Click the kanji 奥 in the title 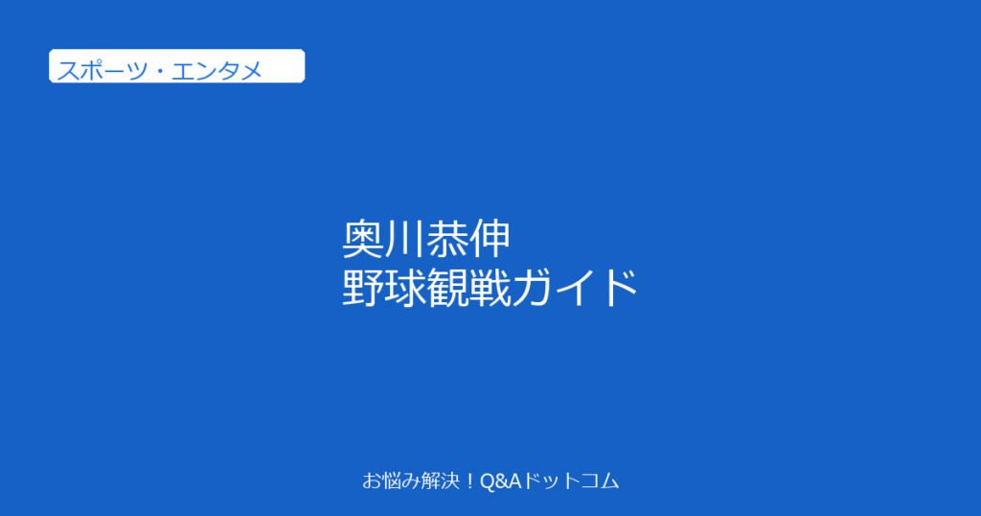[363, 240]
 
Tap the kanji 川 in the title [405, 240]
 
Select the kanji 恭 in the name [447, 240]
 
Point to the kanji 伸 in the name [490, 240]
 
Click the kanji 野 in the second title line [363, 288]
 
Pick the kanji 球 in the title [405, 288]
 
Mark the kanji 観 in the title [447, 288]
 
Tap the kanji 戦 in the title [490, 288]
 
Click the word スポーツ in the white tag [103, 71]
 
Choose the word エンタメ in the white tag [217, 71]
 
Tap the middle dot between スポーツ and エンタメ [160, 71]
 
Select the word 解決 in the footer [442, 481]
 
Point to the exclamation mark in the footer [470, 481]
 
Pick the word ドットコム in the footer [571, 481]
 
